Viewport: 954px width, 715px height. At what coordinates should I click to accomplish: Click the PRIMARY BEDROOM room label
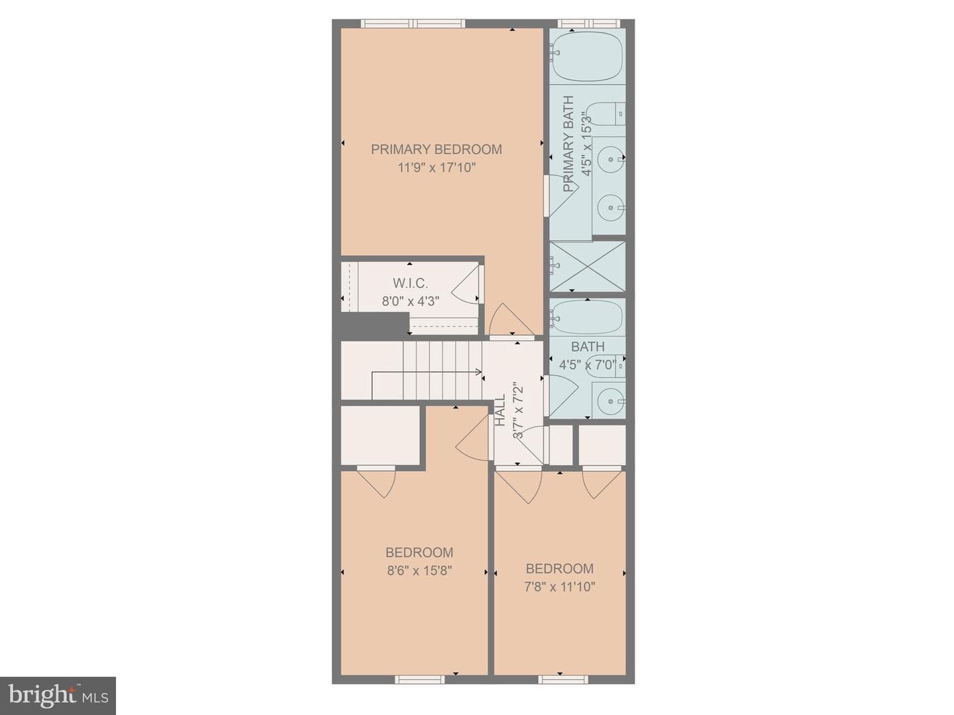436,150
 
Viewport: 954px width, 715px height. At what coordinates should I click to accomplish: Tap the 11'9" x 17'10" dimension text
437,168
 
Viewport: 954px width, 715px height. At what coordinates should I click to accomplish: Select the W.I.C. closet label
410,284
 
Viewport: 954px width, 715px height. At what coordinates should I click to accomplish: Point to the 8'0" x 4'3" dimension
410,302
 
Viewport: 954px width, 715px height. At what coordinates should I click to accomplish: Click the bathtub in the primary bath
587,56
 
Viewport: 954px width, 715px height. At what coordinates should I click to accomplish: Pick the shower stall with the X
587,266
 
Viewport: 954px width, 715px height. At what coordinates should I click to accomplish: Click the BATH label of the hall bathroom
588,347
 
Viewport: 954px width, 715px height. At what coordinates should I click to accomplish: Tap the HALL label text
500,410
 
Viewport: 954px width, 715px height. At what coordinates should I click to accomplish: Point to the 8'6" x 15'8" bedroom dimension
419,571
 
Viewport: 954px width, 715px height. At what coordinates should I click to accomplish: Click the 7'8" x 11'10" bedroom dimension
559,587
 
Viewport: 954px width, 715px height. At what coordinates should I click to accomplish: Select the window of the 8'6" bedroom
420,692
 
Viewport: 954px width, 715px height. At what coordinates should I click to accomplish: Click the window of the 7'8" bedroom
563,692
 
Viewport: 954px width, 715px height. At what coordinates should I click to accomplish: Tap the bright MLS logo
58,695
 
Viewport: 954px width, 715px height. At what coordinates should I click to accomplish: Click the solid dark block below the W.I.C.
374,325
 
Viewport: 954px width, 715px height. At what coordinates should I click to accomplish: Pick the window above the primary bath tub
589,23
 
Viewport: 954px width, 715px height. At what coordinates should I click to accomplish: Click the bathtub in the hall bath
587,317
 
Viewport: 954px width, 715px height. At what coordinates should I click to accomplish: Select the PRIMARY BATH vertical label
568,143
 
